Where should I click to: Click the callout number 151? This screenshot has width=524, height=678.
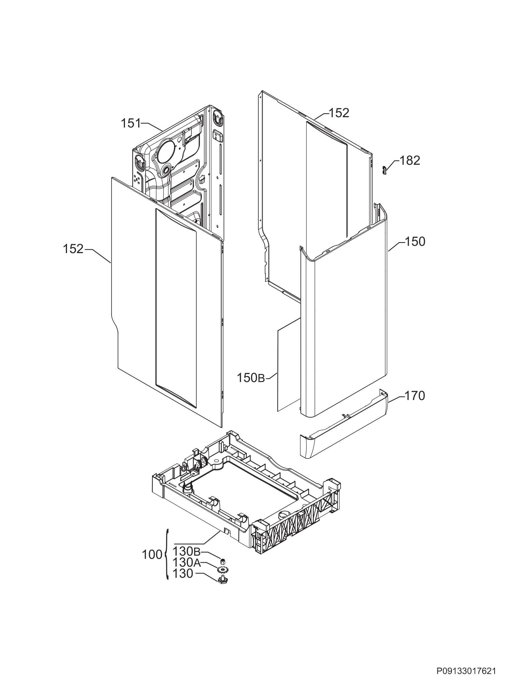[131, 123]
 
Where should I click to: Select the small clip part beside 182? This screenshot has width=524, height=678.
[384, 170]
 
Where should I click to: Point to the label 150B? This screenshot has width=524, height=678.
[251, 378]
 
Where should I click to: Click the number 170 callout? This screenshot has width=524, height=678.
[415, 396]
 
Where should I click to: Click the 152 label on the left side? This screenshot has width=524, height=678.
[73, 249]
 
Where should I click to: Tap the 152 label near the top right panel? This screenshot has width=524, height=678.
[339, 113]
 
